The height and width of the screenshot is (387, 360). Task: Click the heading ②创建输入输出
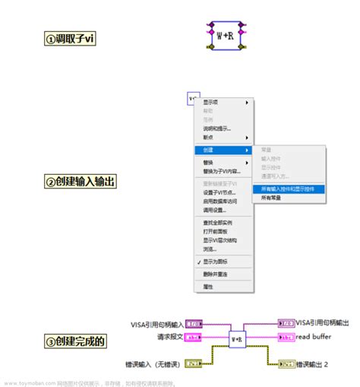(79, 181)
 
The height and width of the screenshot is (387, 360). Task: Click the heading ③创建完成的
(75, 341)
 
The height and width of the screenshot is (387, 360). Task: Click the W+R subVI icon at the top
(224, 34)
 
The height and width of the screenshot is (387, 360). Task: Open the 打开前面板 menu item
(216, 231)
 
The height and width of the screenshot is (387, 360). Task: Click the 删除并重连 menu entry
(216, 274)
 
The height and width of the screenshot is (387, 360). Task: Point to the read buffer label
(314, 336)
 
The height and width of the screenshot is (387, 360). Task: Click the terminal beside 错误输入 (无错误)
(194, 362)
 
